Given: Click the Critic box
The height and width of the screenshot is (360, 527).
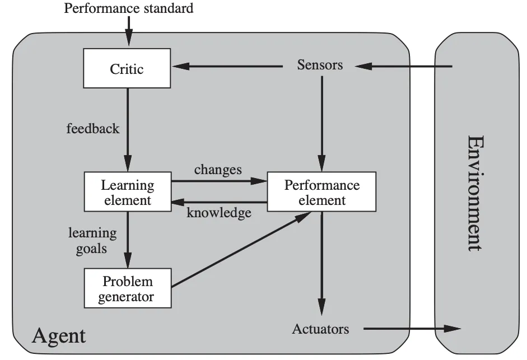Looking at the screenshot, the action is click(127, 68).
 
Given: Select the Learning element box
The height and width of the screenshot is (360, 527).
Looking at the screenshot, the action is click(127, 191).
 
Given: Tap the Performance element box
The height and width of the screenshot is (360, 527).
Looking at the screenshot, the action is click(321, 191).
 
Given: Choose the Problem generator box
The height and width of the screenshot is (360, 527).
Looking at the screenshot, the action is click(127, 288).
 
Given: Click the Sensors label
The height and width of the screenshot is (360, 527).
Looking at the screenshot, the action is click(320, 65).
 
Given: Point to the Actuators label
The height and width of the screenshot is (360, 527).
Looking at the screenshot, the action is click(320, 329).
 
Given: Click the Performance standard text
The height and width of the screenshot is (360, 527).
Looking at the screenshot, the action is click(129, 8).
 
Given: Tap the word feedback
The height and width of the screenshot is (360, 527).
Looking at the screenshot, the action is click(93, 128).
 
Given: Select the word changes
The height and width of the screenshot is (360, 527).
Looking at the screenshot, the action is click(218, 170).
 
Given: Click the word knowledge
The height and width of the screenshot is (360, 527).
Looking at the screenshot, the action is click(219, 213).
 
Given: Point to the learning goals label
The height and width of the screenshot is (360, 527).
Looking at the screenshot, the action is click(92, 241).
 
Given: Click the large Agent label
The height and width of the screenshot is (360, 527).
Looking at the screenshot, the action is click(59, 336).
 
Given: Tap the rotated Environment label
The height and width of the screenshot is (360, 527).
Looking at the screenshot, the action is click(475, 193).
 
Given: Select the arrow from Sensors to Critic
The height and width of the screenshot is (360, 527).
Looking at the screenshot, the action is click(227, 66).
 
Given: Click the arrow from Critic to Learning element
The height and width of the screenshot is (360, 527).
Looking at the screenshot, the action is click(128, 130).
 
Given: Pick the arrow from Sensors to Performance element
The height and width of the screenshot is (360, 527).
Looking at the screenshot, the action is click(321, 124).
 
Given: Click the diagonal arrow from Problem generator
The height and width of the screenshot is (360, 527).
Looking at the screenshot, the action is click(241, 249).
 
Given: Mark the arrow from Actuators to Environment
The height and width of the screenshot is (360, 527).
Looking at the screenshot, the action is click(412, 329).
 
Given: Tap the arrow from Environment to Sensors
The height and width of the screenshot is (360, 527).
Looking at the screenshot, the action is click(403, 66).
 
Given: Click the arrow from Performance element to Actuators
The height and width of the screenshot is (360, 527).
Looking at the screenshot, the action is click(321, 264).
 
